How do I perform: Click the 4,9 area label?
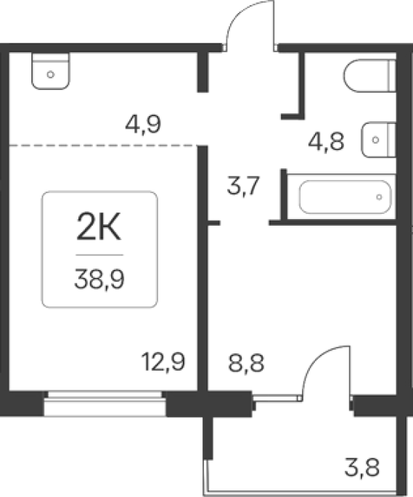(x=144, y=125)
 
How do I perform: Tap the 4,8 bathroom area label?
(x=326, y=141)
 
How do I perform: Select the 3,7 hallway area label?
(x=244, y=186)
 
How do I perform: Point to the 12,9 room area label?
(x=163, y=361)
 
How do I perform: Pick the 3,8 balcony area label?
(x=362, y=467)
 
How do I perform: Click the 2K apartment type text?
(x=99, y=227)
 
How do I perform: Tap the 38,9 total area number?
(x=99, y=279)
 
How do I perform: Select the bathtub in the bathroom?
(x=345, y=197)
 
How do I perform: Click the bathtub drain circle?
(x=379, y=197)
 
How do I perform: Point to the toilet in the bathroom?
(x=369, y=75)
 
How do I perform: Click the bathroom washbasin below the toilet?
(x=379, y=139)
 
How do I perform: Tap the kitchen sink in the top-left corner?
(x=50, y=71)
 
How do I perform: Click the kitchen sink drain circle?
(x=50, y=75)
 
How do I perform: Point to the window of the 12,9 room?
(x=105, y=403)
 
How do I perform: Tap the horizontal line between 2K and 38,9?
(x=99, y=255)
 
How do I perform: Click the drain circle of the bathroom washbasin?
(x=375, y=140)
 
